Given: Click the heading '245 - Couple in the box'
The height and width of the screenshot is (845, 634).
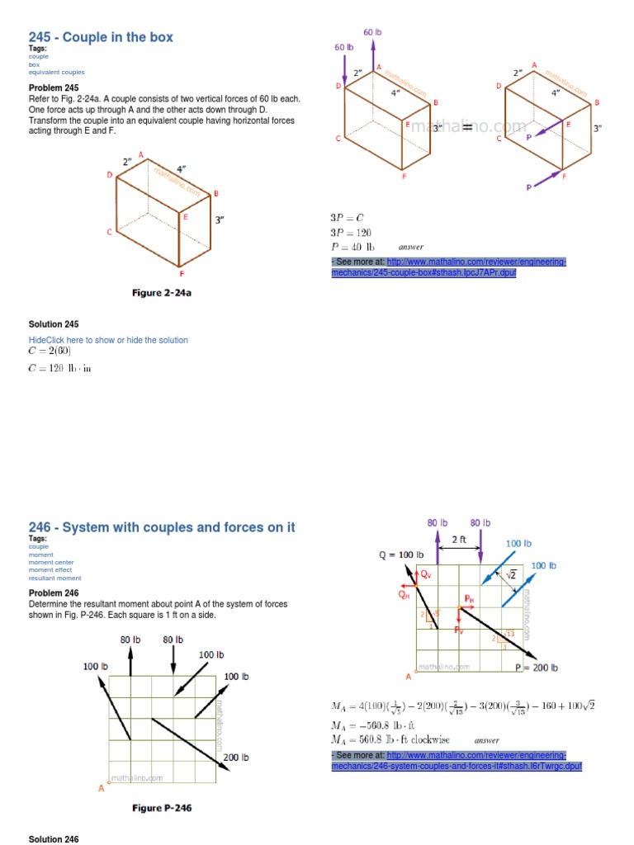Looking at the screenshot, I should click(101, 37).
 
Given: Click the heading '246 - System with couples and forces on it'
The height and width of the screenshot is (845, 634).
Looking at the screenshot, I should click(162, 527).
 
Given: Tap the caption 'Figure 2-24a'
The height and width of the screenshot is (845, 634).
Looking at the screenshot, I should click(168, 292).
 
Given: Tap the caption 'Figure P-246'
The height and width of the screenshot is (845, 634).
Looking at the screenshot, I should click(162, 808).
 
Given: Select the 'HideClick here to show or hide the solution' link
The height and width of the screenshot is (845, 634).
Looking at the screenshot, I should click(108, 340).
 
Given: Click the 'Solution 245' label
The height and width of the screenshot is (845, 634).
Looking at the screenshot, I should click(54, 324).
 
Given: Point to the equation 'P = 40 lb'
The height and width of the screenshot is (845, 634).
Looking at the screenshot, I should click(352, 247).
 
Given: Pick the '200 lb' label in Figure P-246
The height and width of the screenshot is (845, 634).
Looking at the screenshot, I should click(235, 757).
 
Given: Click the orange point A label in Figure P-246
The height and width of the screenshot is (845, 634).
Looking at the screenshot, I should click(102, 789).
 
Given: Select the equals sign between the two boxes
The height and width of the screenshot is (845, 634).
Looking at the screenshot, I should click(466, 126).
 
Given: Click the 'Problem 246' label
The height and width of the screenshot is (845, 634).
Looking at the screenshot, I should click(54, 593).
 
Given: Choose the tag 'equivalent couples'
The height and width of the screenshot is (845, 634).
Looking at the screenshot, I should click(57, 73).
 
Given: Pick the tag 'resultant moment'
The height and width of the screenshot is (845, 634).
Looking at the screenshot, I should click(54, 578).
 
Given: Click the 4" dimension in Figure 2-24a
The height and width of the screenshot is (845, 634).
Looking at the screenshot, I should click(181, 169).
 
